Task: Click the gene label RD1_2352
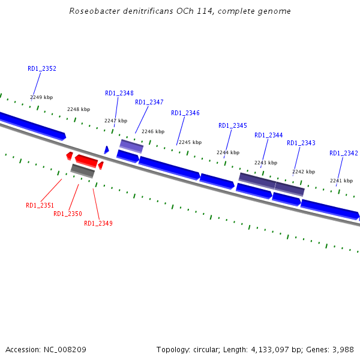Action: coord(42,68)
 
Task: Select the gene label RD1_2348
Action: coord(119,93)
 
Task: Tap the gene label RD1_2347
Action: coord(149,102)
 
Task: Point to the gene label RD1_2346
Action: coord(185,113)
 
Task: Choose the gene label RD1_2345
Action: coord(233,125)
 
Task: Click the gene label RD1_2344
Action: coord(269,135)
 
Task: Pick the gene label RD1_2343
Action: coord(301,143)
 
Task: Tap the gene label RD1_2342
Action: coord(343,153)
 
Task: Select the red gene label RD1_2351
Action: coord(40,205)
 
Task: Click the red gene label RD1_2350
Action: coord(68,214)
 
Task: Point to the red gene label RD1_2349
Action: coord(98,223)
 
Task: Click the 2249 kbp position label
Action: coord(41,97)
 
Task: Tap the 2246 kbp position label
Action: coord(153,131)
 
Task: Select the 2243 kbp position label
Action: coord(266,163)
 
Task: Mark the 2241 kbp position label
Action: coord(341,181)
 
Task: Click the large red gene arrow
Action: coord(86,160)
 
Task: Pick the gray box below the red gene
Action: coord(83,171)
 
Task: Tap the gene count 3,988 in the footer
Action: coord(343,349)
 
